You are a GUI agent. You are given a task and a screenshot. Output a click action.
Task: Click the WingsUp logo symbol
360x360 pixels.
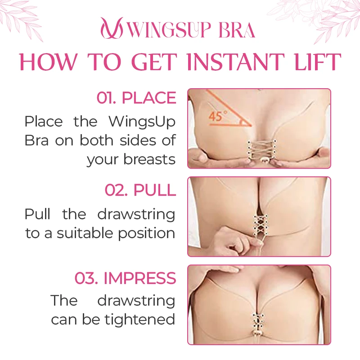pos(112,28)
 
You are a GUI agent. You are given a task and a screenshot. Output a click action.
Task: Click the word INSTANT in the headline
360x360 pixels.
pos(236,62)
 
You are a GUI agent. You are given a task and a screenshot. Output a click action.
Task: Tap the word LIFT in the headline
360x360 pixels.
pos(318,62)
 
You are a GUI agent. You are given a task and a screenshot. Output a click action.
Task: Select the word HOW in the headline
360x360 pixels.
pos(48,62)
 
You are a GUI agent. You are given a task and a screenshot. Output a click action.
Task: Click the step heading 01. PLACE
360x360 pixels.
pos(136,98)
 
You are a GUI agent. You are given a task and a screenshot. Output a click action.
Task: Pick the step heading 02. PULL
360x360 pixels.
pos(140,190)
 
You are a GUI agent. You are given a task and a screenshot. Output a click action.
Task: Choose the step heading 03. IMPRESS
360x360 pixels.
pos(126,278)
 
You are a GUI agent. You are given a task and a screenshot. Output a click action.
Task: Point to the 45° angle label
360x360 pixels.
pos(218,116)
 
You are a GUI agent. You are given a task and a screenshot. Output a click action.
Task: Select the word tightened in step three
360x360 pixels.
pos(140,319)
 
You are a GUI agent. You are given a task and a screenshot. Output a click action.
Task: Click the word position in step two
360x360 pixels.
pos(147,234)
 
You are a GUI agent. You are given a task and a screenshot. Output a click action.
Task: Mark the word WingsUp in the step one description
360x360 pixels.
pos(142,122)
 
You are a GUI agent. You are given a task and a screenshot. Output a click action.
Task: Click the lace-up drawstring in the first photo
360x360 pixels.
pos(261,150)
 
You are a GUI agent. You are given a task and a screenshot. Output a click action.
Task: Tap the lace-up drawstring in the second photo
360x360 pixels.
pos(261,226)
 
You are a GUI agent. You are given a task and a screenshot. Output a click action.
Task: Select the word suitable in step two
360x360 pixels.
pos(85,233)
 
